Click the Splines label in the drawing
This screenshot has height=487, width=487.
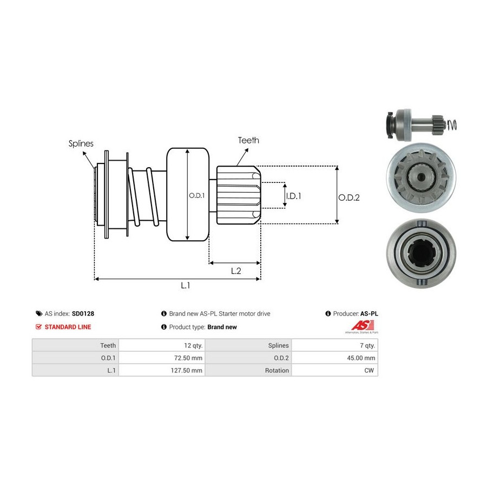coord(81,144)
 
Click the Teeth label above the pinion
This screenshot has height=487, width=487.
coord(248,140)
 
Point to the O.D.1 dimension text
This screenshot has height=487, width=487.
coord(196,196)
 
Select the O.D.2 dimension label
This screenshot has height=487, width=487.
coord(349,198)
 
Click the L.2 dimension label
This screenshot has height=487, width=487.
coord(236,271)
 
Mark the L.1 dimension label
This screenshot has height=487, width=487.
coord(185,286)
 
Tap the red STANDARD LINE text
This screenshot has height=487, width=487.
coord(68,327)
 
